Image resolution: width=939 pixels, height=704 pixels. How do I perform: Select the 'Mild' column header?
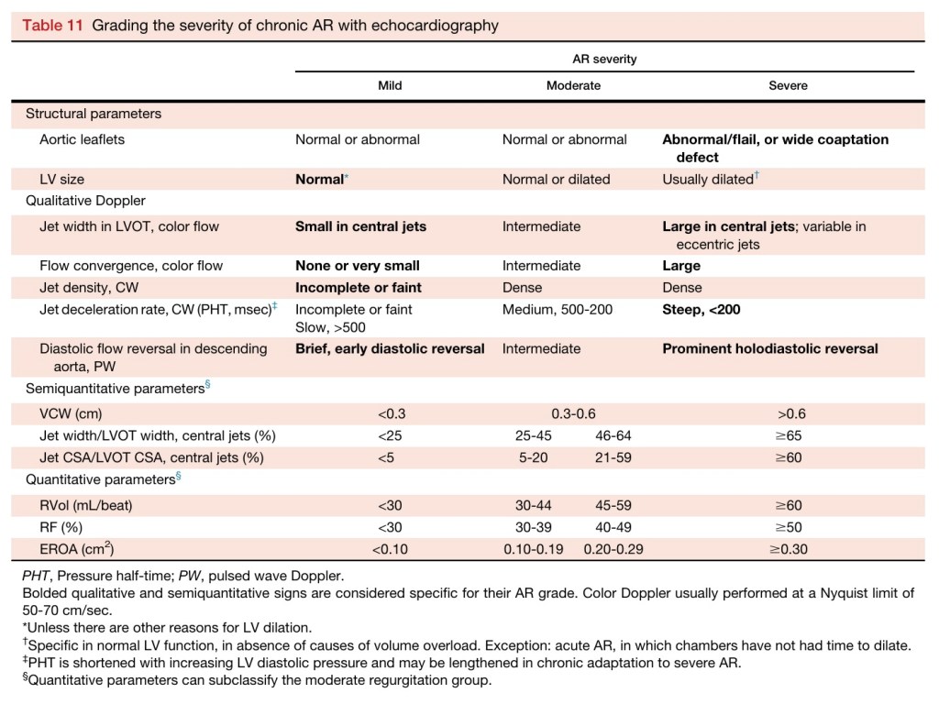pyautogui.click(x=390, y=85)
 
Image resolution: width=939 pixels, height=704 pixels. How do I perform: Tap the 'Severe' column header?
pyautogui.click(x=788, y=85)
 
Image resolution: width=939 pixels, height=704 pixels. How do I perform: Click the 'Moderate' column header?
pyautogui.click(x=573, y=85)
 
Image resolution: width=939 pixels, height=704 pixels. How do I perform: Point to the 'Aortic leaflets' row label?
pyautogui.click(x=82, y=139)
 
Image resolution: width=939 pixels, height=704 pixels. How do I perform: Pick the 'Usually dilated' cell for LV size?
pyautogui.click(x=708, y=180)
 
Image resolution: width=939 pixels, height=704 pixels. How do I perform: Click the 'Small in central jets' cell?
pyautogui.click(x=360, y=226)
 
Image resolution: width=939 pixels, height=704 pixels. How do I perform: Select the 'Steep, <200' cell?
pyautogui.click(x=701, y=310)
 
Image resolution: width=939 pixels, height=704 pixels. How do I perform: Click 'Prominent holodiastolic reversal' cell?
pyautogui.click(x=770, y=348)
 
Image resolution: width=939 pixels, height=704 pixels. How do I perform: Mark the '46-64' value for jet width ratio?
pyautogui.click(x=612, y=435)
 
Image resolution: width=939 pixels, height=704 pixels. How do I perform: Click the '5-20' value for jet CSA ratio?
pyautogui.click(x=533, y=457)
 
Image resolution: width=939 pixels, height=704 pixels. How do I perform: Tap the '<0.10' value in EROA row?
pyautogui.click(x=390, y=549)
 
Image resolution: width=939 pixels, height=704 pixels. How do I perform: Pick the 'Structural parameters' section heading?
pyautogui.click(x=94, y=114)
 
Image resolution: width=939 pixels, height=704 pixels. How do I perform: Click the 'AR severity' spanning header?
pyautogui.click(x=604, y=59)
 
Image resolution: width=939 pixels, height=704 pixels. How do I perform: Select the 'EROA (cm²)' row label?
pyautogui.click(x=77, y=549)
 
